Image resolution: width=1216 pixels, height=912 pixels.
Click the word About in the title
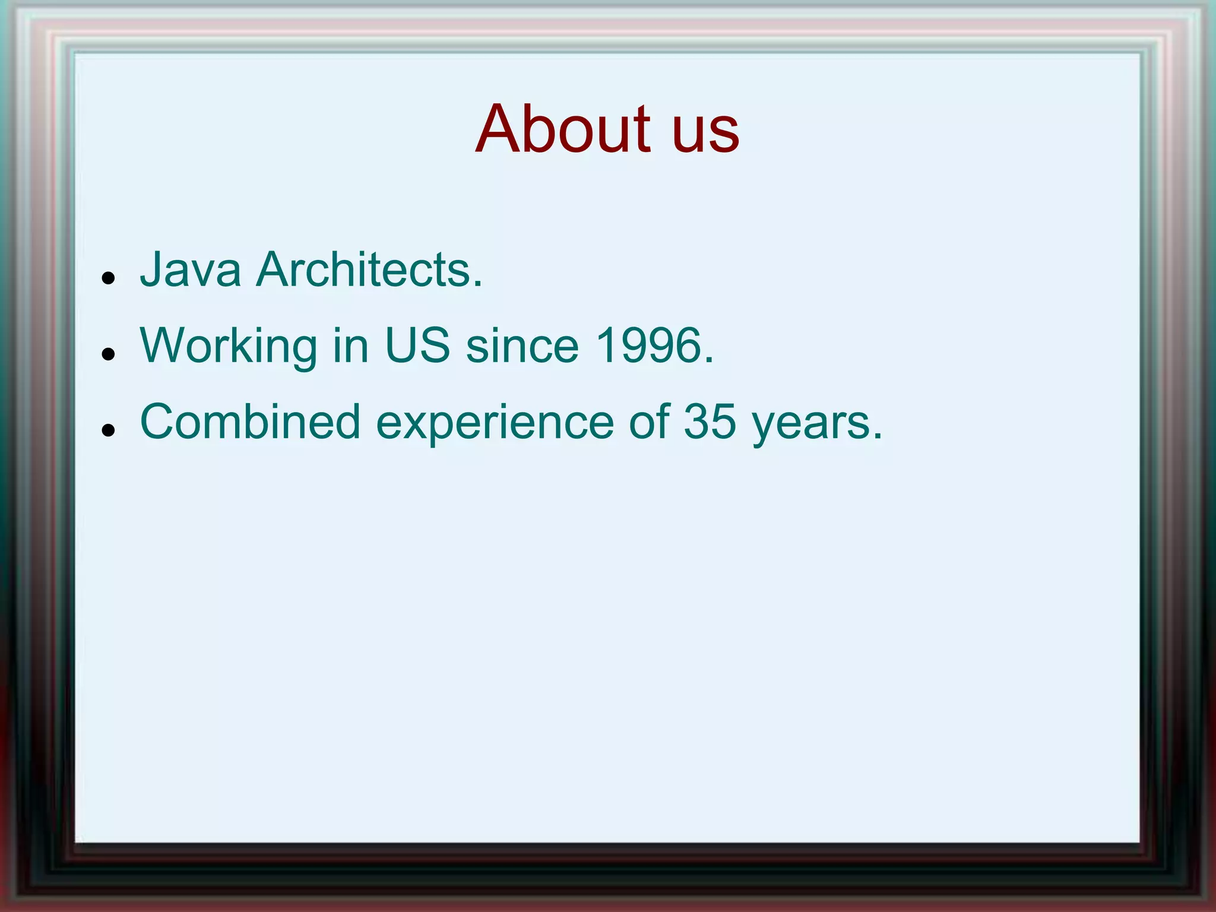coord(563,129)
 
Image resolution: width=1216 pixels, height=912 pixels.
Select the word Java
coord(190,270)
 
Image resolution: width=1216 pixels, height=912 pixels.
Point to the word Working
coord(229,347)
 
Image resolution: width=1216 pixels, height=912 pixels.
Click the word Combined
coord(250,422)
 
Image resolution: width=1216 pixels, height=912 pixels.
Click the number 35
coord(710,422)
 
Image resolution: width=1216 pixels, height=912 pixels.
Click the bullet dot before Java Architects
coord(107,278)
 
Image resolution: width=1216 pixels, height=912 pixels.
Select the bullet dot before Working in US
coord(107,354)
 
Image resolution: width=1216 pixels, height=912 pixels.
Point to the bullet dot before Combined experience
coord(107,430)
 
